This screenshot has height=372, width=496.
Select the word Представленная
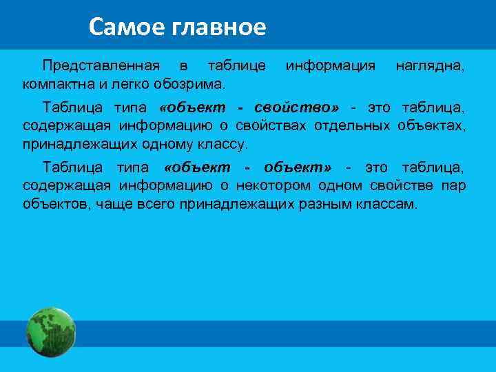101,66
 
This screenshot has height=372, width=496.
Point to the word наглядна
430,66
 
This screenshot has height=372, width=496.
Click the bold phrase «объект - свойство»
249,108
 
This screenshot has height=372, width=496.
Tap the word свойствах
273,126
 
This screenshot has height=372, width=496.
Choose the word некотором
271,186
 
